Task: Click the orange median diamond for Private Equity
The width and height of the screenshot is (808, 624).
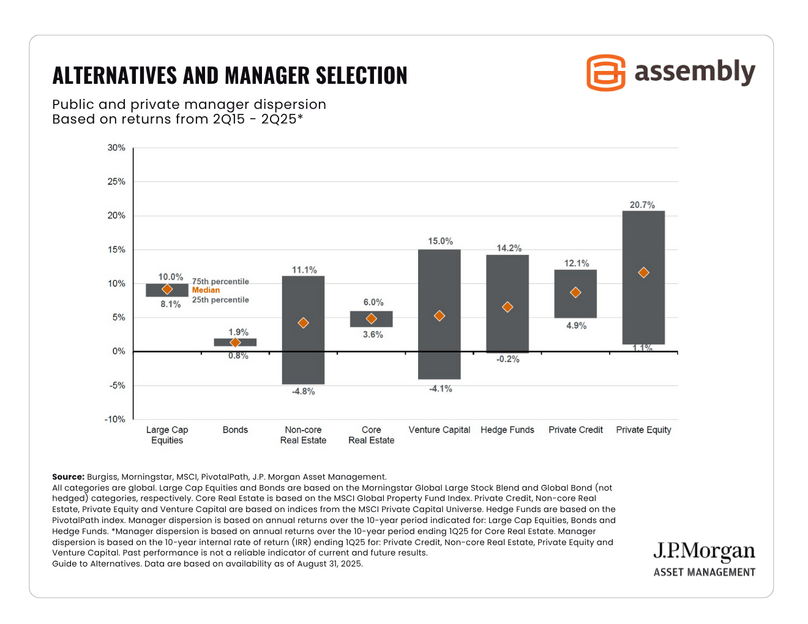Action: pyautogui.click(x=643, y=273)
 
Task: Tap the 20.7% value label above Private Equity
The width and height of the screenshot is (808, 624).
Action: pyautogui.click(x=642, y=205)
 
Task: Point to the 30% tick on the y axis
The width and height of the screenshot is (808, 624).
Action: pyautogui.click(x=116, y=148)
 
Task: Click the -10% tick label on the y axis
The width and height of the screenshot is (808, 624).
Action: pyautogui.click(x=115, y=420)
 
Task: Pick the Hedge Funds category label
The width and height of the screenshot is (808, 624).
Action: pyautogui.click(x=507, y=430)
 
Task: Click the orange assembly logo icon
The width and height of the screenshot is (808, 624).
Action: pyautogui.click(x=605, y=73)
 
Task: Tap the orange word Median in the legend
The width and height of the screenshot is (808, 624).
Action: pyautogui.click(x=206, y=291)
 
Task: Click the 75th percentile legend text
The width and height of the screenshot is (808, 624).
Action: pyautogui.click(x=220, y=281)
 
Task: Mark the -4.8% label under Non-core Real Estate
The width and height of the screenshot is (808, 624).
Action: pyautogui.click(x=303, y=392)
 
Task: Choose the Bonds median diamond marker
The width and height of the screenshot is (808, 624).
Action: pyautogui.click(x=235, y=343)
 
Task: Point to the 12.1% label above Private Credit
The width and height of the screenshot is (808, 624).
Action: pyautogui.click(x=576, y=264)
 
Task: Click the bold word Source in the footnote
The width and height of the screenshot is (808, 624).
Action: pyautogui.click(x=68, y=477)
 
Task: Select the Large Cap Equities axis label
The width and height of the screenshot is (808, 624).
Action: pyautogui.click(x=167, y=435)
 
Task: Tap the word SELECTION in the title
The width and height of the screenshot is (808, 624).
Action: pyautogui.click(x=361, y=76)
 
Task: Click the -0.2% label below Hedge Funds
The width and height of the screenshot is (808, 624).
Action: pyautogui.click(x=507, y=359)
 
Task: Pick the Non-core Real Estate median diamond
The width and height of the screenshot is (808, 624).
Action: pyautogui.click(x=303, y=323)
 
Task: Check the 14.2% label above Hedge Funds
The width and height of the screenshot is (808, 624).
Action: pyautogui.click(x=509, y=248)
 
